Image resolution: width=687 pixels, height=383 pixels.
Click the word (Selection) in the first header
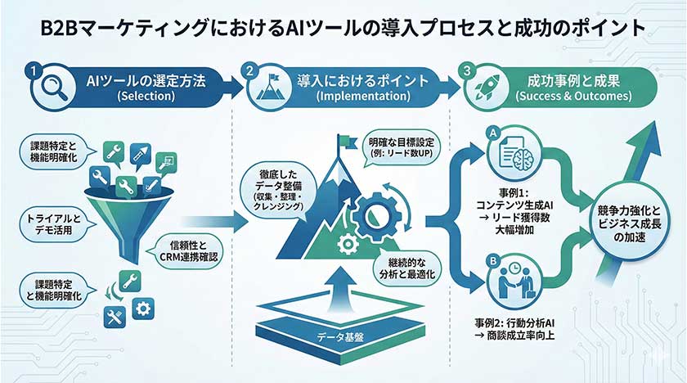146,96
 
